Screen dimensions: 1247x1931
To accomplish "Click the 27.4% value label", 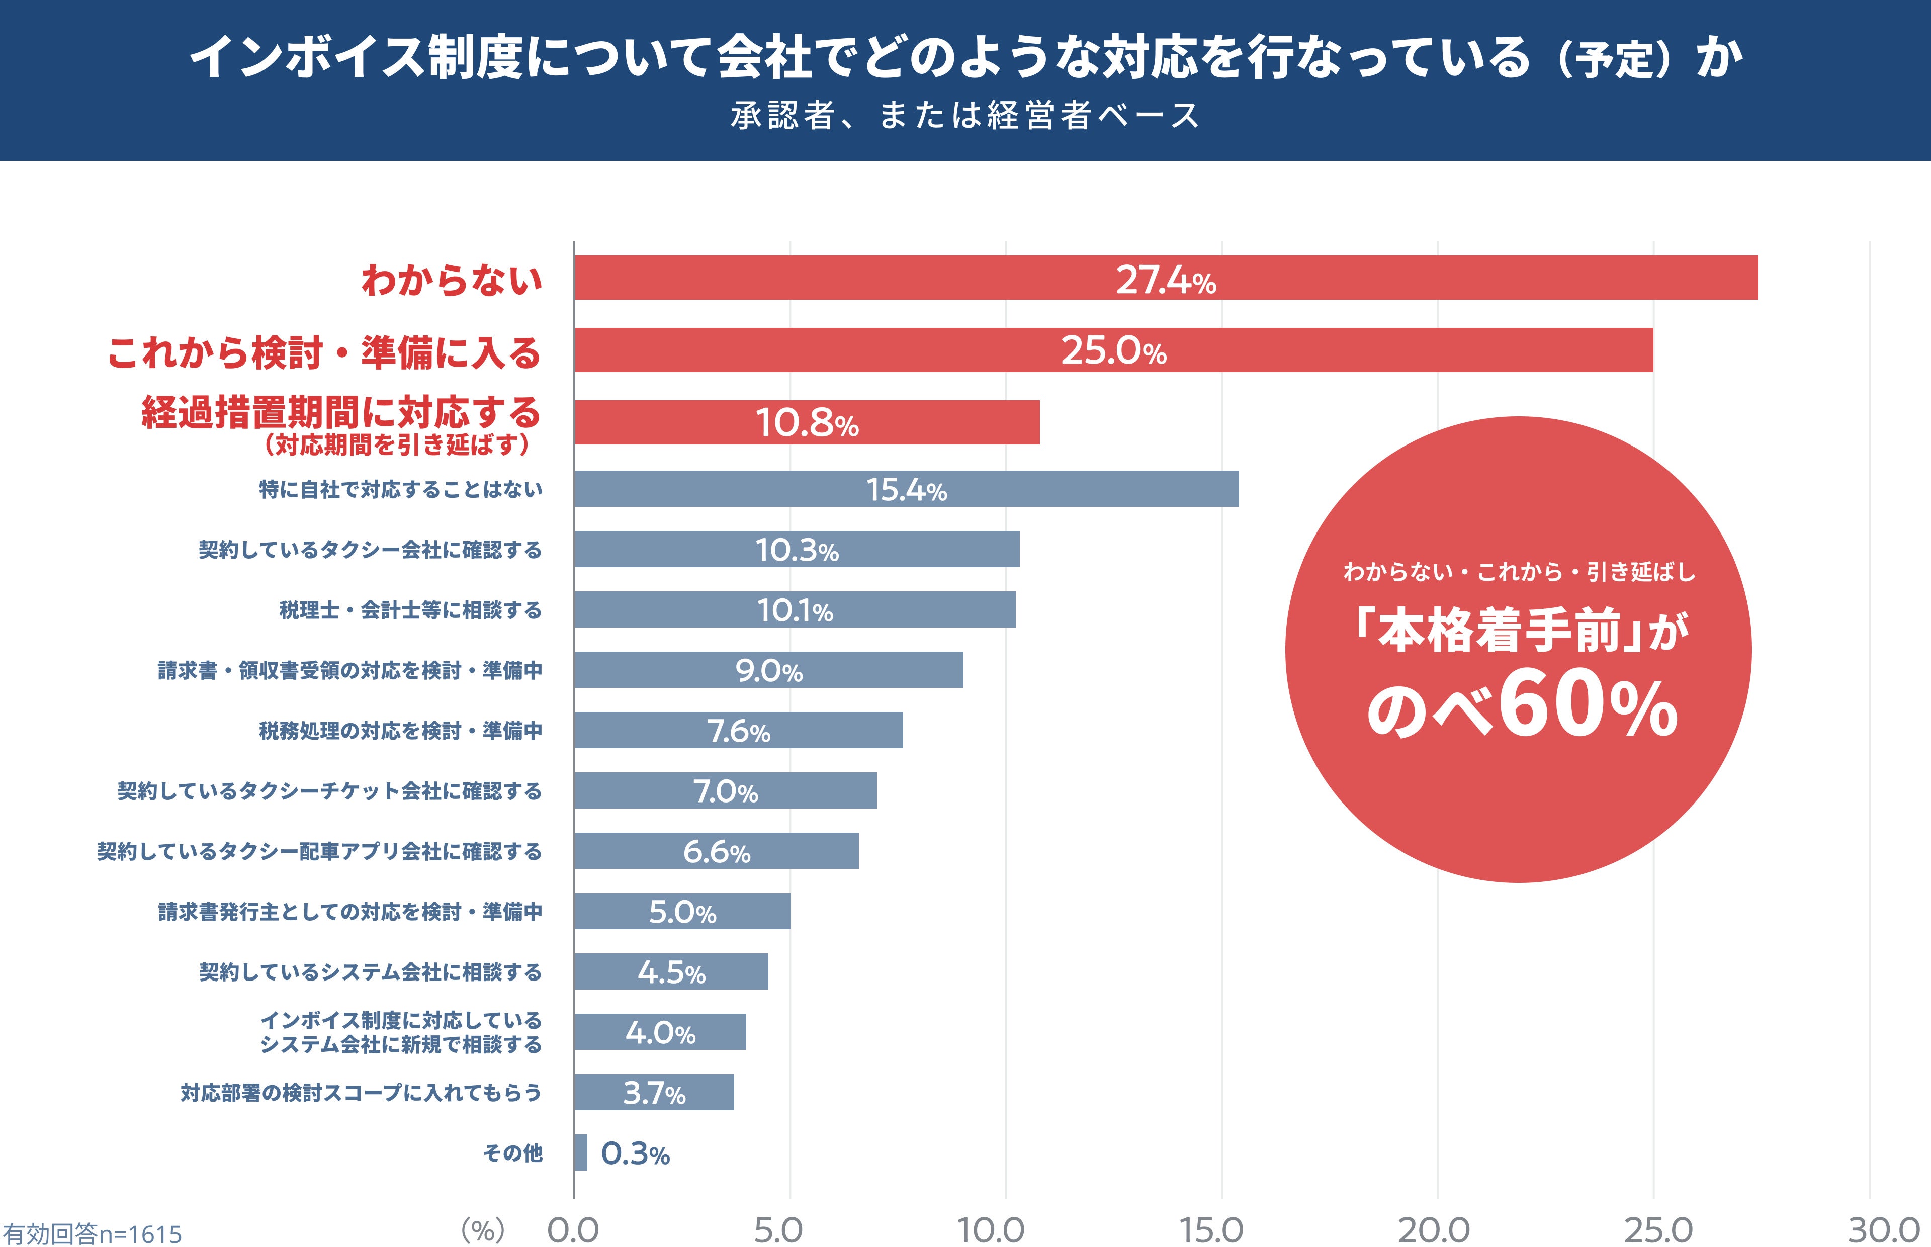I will pyautogui.click(x=1166, y=280).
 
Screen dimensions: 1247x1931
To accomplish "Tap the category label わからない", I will pyautogui.click(x=452, y=280).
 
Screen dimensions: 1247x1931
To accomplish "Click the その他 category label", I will pyautogui.click(x=512, y=1152).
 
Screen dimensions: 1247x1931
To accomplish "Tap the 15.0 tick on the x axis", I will pyautogui.click(x=1211, y=1230).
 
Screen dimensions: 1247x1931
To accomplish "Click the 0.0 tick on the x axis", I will pyautogui.click(x=573, y=1230).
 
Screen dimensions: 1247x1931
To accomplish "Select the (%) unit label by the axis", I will pyautogui.click(x=483, y=1230).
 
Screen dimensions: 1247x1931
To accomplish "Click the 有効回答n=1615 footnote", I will pyautogui.click(x=92, y=1233).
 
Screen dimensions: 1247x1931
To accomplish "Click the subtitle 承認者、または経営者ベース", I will pyautogui.click(x=965, y=116).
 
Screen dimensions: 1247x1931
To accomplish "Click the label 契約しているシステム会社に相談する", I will pyautogui.click(x=370, y=971).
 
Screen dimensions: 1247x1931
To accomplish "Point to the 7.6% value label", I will pyautogui.click(x=738, y=731).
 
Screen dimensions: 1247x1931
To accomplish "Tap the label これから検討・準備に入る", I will pyautogui.click(x=324, y=352).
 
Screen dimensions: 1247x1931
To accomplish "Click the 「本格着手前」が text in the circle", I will pyautogui.click(x=1521, y=631).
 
